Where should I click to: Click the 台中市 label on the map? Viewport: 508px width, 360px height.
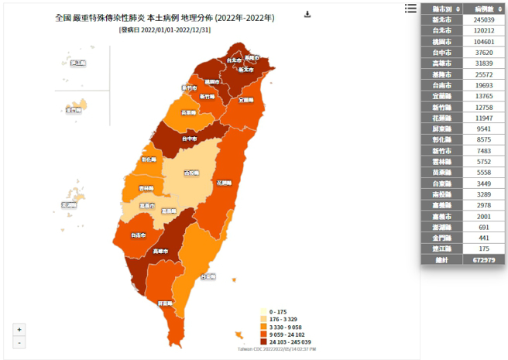pos(189,139)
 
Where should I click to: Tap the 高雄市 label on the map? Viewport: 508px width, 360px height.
pos(161,251)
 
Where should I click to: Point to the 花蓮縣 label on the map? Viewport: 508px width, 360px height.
pos(225,183)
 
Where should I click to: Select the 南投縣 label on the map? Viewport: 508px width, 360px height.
pos(190,173)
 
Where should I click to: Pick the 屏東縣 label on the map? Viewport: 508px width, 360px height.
pos(165,303)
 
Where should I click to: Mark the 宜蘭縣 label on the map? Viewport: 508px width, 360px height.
pos(245,100)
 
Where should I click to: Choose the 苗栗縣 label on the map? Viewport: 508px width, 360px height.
pos(188,112)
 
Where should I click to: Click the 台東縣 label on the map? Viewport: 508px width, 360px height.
pos(208,276)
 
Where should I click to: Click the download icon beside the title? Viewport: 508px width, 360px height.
pos(307,14)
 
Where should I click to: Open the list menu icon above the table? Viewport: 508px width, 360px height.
pos(410,9)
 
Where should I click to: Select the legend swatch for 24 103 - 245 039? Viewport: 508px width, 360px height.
pos(263,341)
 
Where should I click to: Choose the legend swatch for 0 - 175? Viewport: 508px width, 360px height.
pos(263,310)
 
